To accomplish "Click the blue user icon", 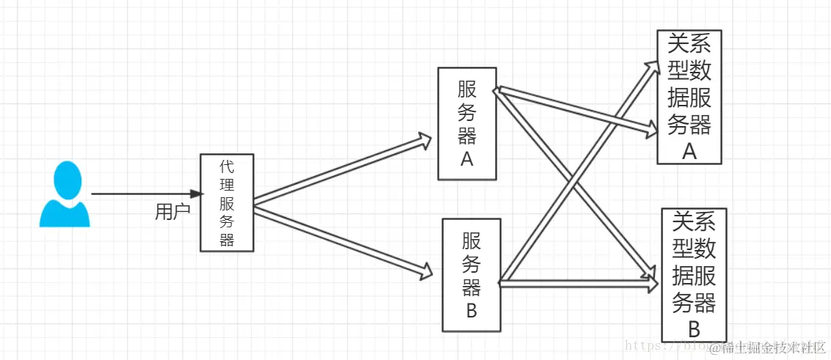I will pos(65,195).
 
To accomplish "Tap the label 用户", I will pos(172,212).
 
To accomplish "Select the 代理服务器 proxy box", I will pos(227,203).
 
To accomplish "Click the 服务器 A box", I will pos(467,123).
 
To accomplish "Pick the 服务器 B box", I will pos(472,274).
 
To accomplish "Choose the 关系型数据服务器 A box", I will pos(689,96).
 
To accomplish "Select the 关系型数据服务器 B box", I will pos(694,274).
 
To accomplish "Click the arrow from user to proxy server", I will pos(147,194).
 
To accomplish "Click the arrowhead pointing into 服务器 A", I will pos(425,141).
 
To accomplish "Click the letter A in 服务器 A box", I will pos(467,159).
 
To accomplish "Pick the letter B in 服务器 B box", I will pos(472,310).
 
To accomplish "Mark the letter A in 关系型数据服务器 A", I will pos(689,151).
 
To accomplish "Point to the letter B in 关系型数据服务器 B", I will pos(694,327).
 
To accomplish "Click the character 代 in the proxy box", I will pos(227,168).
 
